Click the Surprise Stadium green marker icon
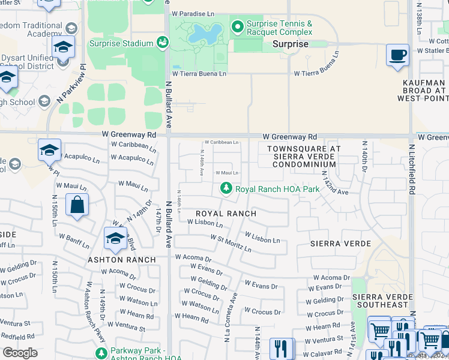coord(162,43)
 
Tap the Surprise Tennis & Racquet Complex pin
coord(237,27)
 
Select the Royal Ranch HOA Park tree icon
coord(226,188)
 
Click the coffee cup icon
coord(397,56)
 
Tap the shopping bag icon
coord(77,205)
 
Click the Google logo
coord(20,353)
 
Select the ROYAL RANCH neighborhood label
coord(226,214)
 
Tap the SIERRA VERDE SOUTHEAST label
coord(382,301)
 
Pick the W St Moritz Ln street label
coord(231,243)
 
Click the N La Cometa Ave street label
coord(232,318)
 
